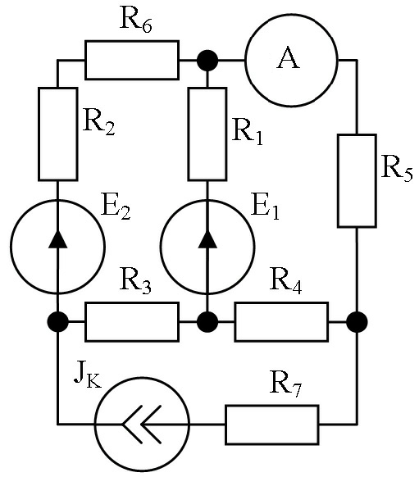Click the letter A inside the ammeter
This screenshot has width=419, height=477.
tap(288, 58)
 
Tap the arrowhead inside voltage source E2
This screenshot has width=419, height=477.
tap(58, 239)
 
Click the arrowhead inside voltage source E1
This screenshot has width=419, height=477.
tap(207, 239)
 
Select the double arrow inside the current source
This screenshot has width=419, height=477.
tap(142, 424)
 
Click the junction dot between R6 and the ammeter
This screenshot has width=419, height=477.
tap(207, 60)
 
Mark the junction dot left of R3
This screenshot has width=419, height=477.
tap(58, 322)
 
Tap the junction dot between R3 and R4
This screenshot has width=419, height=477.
tap(207, 322)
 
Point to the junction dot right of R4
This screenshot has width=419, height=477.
tap(357, 322)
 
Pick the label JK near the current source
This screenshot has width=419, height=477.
tap(88, 378)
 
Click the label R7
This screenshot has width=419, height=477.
tap(285, 384)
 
